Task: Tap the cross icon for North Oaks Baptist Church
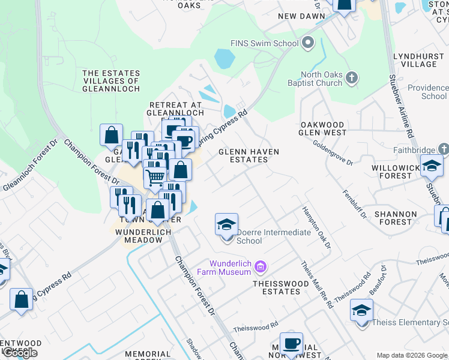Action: (352, 77)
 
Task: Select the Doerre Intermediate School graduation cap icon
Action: (227, 225)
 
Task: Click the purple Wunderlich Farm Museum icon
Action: (260, 265)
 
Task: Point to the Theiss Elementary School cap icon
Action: (361, 311)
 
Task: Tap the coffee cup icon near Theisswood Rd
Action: (291, 344)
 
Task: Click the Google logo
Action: (20, 353)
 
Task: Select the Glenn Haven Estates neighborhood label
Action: (249, 156)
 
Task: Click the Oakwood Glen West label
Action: (323, 128)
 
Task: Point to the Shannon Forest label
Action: (395, 218)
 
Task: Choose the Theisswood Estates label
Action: (277, 287)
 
